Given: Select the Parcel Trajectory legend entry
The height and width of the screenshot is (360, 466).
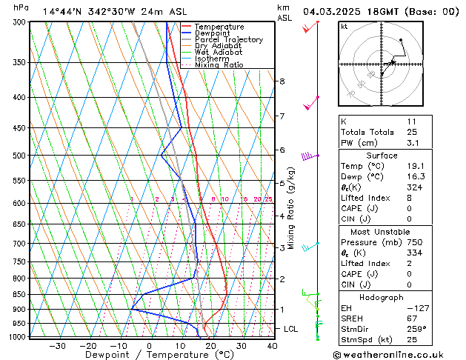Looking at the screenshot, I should click(228, 40).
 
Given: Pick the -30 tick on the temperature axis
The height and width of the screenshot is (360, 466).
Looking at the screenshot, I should click(57, 346).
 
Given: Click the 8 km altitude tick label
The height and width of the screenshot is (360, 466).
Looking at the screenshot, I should click(282, 81).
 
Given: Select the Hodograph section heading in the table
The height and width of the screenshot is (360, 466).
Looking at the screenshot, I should click(382, 296).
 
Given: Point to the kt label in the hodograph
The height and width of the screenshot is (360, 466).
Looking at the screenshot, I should click(344, 27).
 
